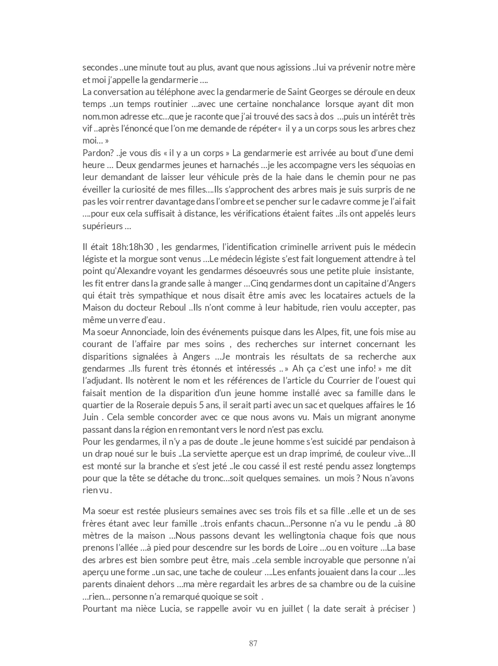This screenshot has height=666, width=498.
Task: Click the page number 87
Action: (x=253, y=644)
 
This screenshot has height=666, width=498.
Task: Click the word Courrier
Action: (x=349, y=380)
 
